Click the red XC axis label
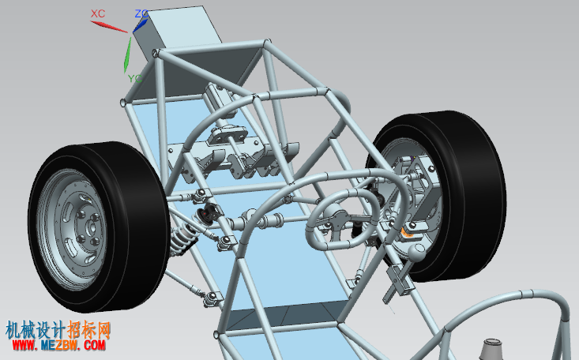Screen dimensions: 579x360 click(98, 13)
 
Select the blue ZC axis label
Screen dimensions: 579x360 click(141, 14)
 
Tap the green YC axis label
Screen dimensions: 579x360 click(135, 78)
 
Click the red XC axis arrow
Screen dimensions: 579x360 click(109, 27)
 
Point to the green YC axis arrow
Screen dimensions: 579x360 click(127, 54)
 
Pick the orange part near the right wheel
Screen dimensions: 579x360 click(406, 233)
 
